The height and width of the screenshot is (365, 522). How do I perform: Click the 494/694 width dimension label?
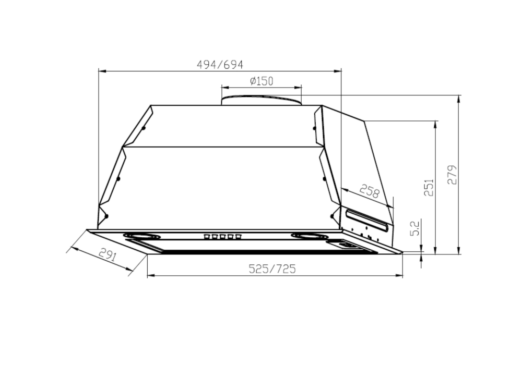220,65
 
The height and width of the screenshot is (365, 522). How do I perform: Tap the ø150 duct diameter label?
261,81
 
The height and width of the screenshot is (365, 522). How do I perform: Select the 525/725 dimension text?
272,269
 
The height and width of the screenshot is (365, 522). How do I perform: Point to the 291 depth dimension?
106,256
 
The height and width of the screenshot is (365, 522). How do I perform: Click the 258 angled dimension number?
369,191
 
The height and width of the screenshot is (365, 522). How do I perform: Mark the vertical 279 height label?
452,174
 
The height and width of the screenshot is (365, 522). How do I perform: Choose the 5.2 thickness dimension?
415,228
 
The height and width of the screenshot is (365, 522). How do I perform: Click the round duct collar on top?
261,100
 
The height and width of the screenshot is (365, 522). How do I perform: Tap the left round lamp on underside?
142,236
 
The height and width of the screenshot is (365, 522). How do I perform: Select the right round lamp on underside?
310,236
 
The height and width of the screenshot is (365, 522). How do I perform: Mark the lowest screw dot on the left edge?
106,215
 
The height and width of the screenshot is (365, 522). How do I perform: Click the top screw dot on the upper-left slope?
144,128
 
